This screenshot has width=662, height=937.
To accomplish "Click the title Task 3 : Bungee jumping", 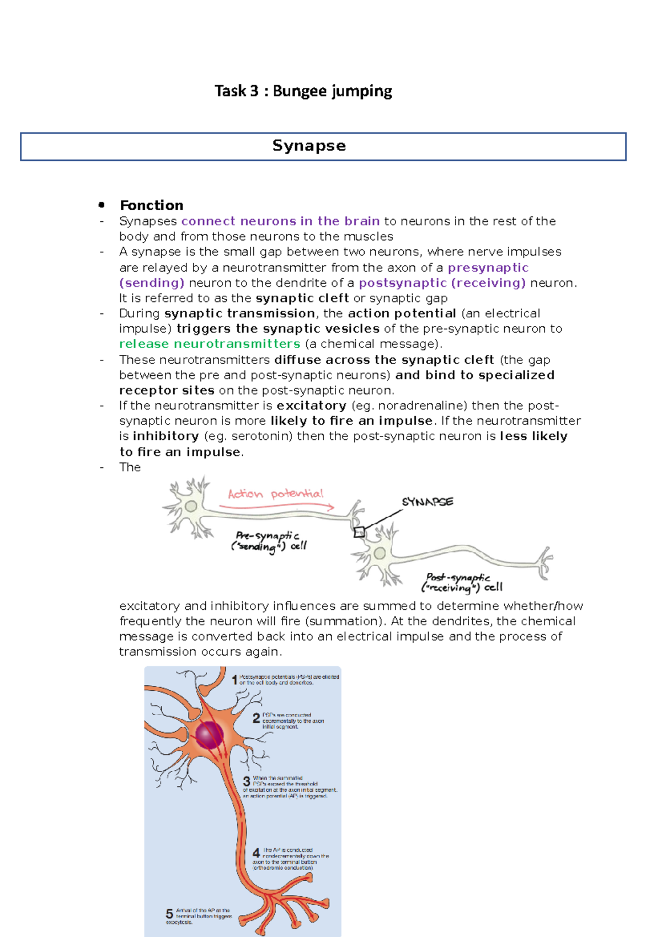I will pyautogui.click(x=303, y=91).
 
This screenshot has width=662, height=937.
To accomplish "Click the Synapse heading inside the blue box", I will pyautogui.click(x=309, y=146).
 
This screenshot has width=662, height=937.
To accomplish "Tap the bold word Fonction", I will pyautogui.click(x=151, y=205).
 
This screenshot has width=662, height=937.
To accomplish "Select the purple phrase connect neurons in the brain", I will pyautogui.click(x=280, y=221).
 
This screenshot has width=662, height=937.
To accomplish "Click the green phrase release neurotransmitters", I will pyautogui.click(x=210, y=344).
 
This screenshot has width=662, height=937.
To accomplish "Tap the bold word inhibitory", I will pyautogui.click(x=165, y=436).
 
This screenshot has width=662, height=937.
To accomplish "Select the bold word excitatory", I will pyautogui.click(x=311, y=406).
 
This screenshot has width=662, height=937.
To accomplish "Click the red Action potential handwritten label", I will pyautogui.click(x=275, y=493).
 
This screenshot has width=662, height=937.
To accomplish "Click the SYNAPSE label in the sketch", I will pyautogui.click(x=428, y=502).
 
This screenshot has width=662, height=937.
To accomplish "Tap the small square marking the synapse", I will pyautogui.click(x=359, y=533).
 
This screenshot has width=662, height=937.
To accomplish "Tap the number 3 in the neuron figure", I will pyautogui.click(x=247, y=782).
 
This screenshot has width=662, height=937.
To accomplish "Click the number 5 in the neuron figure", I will pyautogui.click(x=169, y=914).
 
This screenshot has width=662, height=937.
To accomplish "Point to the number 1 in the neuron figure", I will pyautogui.click(x=234, y=680).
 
